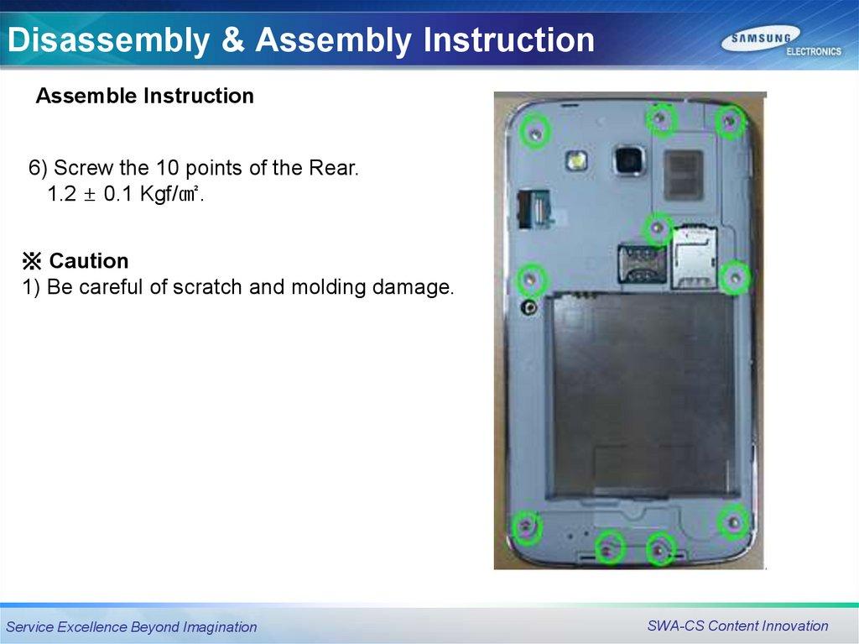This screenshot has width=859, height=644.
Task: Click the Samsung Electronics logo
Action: point(781,43)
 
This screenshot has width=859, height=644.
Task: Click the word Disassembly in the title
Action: point(108,40)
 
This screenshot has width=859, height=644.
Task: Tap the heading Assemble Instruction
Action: point(144,96)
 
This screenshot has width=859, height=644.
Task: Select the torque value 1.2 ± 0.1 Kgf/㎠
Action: point(126,194)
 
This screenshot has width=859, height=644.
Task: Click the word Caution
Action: point(89,261)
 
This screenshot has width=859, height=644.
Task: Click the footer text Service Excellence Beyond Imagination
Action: point(132,627)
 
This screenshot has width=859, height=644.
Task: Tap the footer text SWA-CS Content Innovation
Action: point(737,626)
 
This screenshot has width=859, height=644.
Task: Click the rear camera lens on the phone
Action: point(628,160)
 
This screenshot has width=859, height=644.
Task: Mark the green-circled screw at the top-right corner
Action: point(730,121)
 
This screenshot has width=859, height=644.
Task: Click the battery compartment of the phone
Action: point(641,395)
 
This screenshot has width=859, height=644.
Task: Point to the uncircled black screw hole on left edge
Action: point(528,307)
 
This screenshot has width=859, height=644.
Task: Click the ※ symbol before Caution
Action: point(32,261)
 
